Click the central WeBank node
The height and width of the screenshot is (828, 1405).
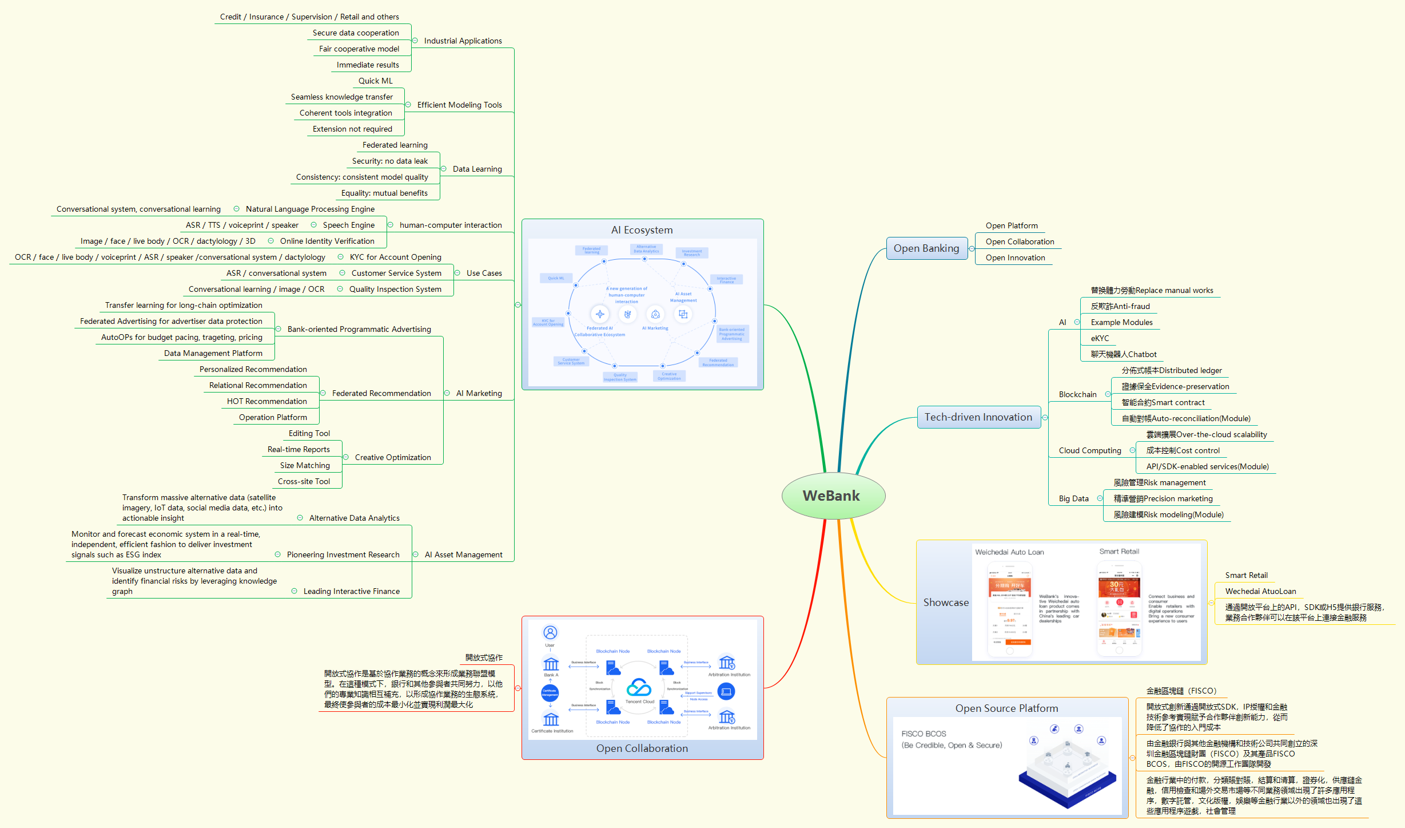(833, 496)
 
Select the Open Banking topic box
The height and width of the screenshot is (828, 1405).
(926, 248)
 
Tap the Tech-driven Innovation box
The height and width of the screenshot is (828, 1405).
(978, 417)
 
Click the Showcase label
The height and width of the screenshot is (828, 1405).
(946, 603)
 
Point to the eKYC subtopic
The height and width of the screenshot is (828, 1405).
(1100, 338)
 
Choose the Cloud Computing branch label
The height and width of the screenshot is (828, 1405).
(1090, 450)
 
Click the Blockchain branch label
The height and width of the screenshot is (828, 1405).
(1077, 394)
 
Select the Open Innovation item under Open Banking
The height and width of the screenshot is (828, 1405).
(1015, 257)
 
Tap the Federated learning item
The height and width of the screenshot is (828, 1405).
(395, 145)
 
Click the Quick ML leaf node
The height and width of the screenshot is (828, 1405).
(375, 81)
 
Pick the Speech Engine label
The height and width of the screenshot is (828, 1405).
(348, 225)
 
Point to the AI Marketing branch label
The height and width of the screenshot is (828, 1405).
(479, 393)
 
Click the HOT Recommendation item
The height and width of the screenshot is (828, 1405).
(266, 401)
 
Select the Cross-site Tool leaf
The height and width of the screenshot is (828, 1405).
(304, 481)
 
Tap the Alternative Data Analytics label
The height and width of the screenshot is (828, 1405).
(354, 518)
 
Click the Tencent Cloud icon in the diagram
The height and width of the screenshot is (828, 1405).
(639, 688)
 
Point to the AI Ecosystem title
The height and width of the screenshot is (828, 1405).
(642, 230)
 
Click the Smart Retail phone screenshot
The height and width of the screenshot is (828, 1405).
(1119, 608)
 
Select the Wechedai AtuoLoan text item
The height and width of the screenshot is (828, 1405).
(1260, 591)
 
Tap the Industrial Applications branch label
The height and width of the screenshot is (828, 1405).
(463, 41)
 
